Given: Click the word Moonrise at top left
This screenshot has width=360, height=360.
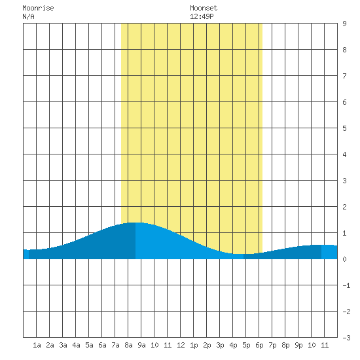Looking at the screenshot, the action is (x=38, y=8).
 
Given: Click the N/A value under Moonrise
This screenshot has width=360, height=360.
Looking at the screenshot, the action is (x=28, y=16).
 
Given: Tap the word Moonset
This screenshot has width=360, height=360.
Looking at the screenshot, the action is (x=204, y=8).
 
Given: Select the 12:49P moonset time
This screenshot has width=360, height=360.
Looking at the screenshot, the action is (x=202, y=16).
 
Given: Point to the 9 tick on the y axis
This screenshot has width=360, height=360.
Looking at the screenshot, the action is (x=344, y=24).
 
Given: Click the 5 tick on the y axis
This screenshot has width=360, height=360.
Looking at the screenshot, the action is (x=344, y=128).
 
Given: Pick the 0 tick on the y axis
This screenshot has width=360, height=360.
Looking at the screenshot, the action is (x=344, y=259).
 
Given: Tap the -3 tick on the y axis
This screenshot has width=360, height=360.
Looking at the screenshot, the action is (x=346, y=338).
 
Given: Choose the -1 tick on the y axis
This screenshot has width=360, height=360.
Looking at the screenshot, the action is (x=346, y=285).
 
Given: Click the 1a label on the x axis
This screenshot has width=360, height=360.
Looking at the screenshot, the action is (x=37, y=345).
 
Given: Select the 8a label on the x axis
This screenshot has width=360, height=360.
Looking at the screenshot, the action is (x=128, y=345).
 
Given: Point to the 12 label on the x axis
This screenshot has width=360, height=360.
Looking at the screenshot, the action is (x=181, y=345).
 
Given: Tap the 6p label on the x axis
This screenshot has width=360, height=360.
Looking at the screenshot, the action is (x=259, y=345).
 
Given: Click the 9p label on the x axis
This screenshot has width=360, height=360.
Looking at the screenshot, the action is (x=298, y=345).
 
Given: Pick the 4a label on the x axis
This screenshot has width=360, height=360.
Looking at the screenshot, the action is (x=76, y=345).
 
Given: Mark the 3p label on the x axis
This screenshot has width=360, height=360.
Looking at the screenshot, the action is (x=220, y=345).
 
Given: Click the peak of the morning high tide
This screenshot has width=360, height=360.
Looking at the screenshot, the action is (x=135, y=223).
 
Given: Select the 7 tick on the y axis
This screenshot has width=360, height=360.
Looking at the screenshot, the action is (x=344, y=76).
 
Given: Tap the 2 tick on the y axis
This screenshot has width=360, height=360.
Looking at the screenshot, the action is (x=344, y=207).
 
